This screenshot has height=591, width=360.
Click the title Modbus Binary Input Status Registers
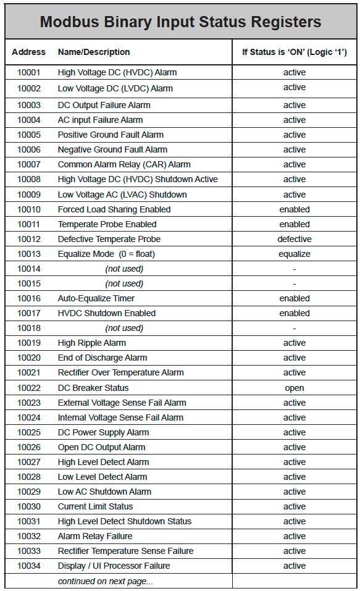point(180,22)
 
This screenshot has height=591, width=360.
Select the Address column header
point(28,52)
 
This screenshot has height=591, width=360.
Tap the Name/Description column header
point(94,52)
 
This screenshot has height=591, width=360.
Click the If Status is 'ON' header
point(294,52)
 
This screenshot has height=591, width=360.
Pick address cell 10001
point(28,73)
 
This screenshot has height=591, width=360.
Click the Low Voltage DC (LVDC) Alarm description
point(115,88)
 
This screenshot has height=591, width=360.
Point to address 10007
point(28,165)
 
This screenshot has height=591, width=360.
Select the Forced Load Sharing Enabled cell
point(114,209)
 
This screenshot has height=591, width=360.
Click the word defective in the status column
point(295,239)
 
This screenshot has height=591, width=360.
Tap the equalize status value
point(295,254)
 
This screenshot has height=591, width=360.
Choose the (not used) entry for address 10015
point(124,283)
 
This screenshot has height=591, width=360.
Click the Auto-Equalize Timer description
point(96,298)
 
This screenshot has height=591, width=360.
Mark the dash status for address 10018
point(295,328)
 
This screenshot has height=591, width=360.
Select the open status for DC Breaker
point(295,388)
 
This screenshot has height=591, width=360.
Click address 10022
point(28,388)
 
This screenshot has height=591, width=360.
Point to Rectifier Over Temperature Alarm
point(121,372)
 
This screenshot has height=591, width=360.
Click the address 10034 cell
point(28,566)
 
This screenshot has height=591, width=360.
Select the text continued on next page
point(106,581)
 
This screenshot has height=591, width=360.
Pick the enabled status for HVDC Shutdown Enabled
point(295,313)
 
